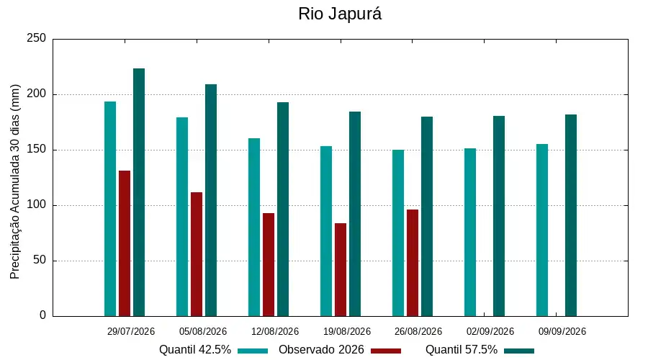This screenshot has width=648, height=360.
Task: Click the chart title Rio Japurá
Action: pyautogui.click(x=340, y=14)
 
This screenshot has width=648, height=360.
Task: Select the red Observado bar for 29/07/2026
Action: pyautogui.click(x=125, y=243)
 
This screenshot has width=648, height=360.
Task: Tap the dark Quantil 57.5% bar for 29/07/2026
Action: pyautogui.click(x=139, y=192)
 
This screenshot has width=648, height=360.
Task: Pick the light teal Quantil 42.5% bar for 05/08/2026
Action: pyautogui.click(x=182, y=217)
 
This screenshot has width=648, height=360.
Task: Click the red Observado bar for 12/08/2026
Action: pyautogui.click(x=269, y=264)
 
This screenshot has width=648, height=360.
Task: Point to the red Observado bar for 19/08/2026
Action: pyautogui.click(x=341, y=270)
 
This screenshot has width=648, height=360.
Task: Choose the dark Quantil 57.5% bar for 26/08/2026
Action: pyautogui.click(x=427, y=217)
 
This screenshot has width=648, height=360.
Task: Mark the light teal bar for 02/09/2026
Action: pyautogui.click(x=470, y=233)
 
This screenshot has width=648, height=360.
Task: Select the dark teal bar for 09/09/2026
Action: pyautogui.click(x=571, y=215)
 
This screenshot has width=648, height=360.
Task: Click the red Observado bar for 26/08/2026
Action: pyautogui.click(x=413, y=263)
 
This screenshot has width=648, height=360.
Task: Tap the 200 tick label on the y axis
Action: pyautogui.click(x=37, y=94)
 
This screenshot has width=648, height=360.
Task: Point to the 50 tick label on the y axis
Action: pyautogui.click(x=40, y=261)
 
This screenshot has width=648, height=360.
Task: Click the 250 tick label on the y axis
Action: pyautogui.click(x=37, y=38)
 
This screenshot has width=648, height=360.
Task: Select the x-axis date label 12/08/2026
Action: pyautogui.click(x=275, y=331)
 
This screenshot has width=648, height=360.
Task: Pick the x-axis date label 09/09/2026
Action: pyautogui.click(x=562, y=331)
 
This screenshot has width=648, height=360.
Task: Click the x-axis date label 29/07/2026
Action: pyautogui.click(x=131, y=331)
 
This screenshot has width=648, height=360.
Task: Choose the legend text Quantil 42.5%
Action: pyautogui.click(x=195, y=350)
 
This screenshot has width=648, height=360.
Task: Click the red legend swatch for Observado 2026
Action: pyautogui.click(x=386, y=351)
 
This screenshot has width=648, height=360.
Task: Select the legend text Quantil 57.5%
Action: pyautogui.click(x=462, y=350)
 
